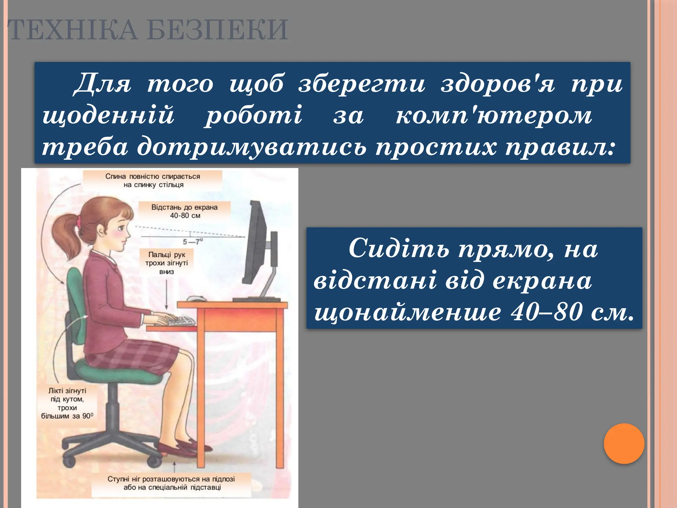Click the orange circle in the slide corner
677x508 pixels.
click(x=624, y=444)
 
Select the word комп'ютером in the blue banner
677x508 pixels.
click(x=494, y=115)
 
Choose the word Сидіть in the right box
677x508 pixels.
click(x=399, y=248)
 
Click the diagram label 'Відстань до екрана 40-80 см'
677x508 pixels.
click(x=184, y=211)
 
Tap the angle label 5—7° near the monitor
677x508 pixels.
click(x=193, y=242)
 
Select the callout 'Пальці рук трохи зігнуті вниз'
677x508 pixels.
click(x=166, y=263)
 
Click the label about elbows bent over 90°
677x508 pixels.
click(x=67, y=403)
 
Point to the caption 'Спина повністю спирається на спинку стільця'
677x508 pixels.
click(x=153, y=181)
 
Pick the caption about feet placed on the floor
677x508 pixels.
click(x=171, y=483)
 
